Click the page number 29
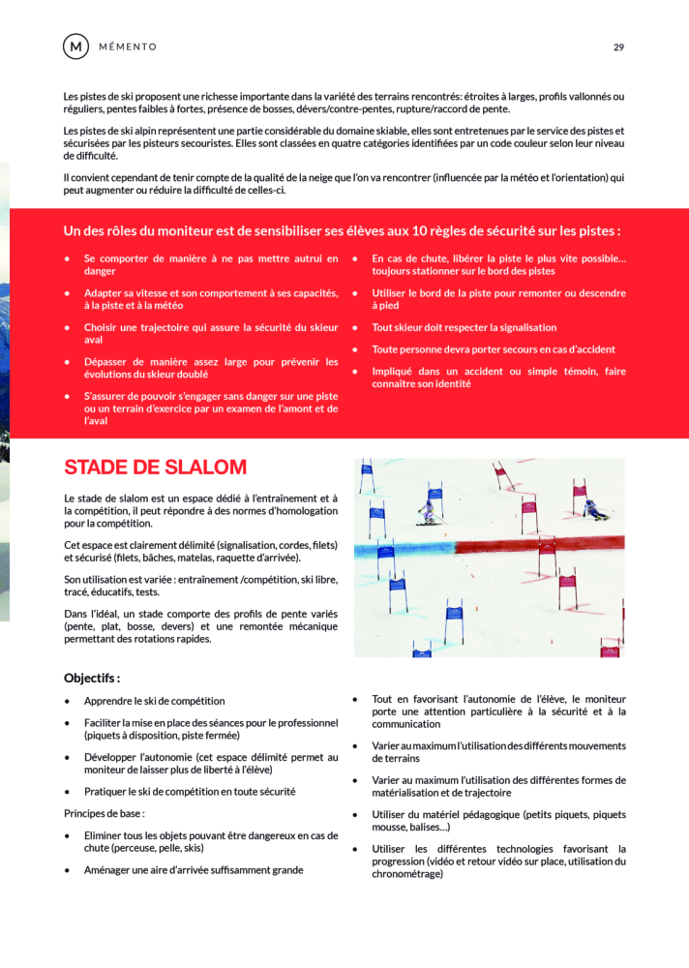[618, 46]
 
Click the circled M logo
[75, 46]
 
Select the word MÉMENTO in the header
[127, 46]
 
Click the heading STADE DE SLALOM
[155, 468]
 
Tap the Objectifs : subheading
[92, 678]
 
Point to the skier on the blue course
[427, 511]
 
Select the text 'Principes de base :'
[105, 813]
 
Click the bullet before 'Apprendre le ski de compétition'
[66, 701]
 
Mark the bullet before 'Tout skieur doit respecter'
[355, 328]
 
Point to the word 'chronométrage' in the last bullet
[407, 873]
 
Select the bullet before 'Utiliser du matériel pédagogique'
[355, 815]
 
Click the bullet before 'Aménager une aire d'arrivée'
[66, 870]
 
